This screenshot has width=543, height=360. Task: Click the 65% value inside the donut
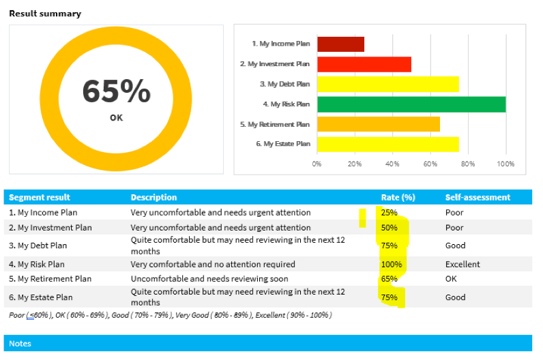click(x=116, y=91)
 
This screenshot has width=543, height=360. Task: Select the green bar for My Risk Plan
click(x=411, y=104)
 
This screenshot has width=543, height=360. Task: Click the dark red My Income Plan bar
click(x=340, y=44)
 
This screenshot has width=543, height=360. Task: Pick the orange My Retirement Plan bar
click(x=378, y=124)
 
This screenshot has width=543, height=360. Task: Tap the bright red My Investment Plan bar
click(x=364, y=64)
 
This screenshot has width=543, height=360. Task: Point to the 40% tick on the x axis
click(x=392, y=164)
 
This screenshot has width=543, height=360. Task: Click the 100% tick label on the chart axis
click(x=505, y=164)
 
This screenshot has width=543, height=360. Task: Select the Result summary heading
click(x=45, y=14)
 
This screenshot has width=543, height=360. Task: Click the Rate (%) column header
click(x=398, y=198)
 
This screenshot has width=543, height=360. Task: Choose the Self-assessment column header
click(x=478, y=198)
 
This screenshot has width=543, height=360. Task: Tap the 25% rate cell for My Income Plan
click(x=389, y=213)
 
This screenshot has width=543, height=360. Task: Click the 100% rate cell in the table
click(x=392, y=264)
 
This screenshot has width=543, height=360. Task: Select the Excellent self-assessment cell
click(x=463, y=264)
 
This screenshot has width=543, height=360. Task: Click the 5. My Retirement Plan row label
click(x=50, y=279)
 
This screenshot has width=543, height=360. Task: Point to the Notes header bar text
click(x=20, y=344)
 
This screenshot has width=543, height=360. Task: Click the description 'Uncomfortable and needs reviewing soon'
click(x=209, y=279)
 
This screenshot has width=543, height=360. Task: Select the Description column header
click(x=153, y=198)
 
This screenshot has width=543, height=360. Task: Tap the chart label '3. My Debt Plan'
click(x=284, y=84)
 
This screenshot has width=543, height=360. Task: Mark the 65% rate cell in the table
click(x=389, y=279)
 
